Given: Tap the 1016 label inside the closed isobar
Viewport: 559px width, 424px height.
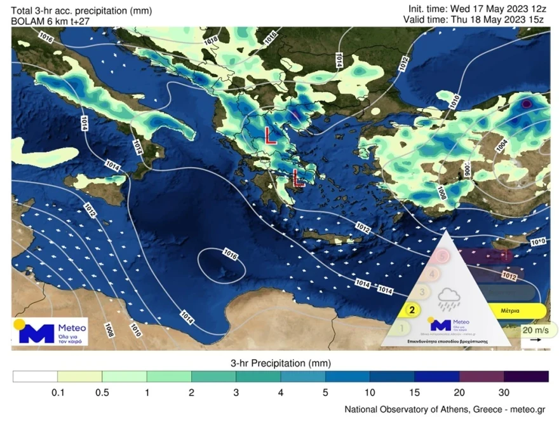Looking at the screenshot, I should click(230, 256).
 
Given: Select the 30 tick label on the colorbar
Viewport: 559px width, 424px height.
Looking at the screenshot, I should click(504, 393).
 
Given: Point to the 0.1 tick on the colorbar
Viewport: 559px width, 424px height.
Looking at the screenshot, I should click(58, 393).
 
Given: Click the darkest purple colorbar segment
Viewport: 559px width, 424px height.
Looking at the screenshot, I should click(526, 377).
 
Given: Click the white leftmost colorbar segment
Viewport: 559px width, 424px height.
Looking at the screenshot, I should click(35, 377).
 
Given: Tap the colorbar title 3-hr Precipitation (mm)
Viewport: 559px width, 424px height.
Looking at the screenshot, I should click(280, 363).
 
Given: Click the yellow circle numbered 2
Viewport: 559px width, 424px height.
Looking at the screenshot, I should click(412, 310).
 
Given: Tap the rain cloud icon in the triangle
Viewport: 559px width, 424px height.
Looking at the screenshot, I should click(449, 299).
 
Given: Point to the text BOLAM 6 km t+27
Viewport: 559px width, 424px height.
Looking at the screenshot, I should click(51, 21).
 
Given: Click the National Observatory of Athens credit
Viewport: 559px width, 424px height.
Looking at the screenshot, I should click(444, 409).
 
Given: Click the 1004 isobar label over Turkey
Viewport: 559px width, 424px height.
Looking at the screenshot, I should click(501, 146).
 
